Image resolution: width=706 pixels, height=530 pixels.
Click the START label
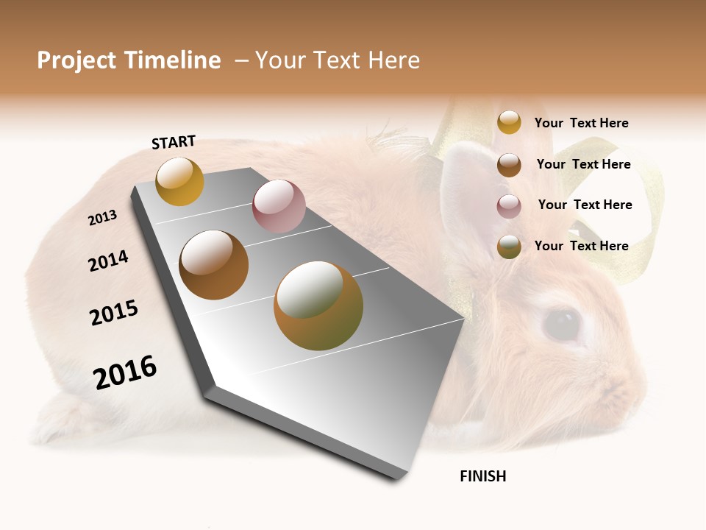[174, 142]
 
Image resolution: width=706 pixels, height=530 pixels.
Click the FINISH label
[482, 476]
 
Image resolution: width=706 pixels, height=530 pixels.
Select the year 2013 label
[102, 218]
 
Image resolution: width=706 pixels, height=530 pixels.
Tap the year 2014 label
[108, 261]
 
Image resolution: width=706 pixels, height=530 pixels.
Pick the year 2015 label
[114, 313]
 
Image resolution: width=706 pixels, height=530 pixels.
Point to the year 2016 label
[125, 372]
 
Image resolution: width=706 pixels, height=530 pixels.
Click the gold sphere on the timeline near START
[179, 181]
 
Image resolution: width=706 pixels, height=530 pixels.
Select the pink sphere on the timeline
[279, 206]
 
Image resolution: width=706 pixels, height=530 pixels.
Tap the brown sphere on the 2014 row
[214, 265]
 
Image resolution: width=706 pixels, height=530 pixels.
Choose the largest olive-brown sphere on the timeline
[318, 305]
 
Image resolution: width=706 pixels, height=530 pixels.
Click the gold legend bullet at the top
[509, 122]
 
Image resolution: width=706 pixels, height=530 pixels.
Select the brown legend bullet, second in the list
[509, 164]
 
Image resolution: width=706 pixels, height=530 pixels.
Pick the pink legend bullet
[509, 205]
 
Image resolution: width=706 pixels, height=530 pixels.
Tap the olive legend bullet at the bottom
[509, 247]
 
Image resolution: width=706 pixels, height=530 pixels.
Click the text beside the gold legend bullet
[581, 123]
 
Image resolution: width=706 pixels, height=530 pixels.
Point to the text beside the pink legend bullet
[585, 205]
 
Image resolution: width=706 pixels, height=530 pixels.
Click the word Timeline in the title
[172, 60]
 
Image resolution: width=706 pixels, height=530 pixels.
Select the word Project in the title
[77, 60]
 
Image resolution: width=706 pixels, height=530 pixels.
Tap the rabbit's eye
[563, 324]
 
